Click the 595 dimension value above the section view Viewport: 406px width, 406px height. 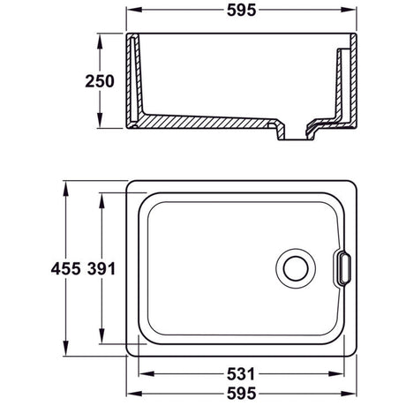(242, 13)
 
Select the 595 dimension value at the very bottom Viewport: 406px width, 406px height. (242, 394)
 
